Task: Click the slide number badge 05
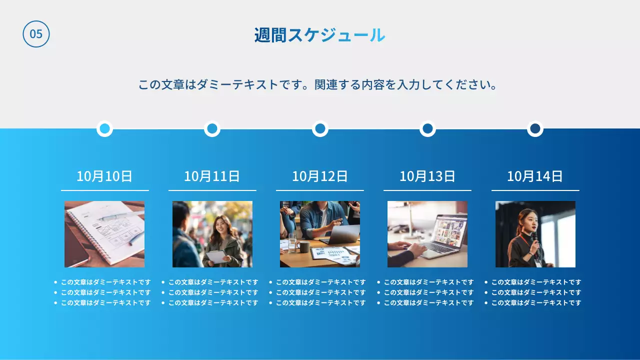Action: pos(36,34)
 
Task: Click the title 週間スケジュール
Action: pos(319,35)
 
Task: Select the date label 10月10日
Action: pos(104,176)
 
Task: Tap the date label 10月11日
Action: pos(212,176)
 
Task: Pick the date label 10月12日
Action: pos(319,176)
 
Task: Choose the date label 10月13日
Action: pos(427,176)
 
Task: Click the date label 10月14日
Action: pos(535,176)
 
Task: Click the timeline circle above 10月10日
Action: pos(104,128)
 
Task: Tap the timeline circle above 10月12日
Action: pos(320,128)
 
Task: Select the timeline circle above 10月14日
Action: pos(535,128)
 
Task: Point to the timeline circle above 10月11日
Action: pos(212,128)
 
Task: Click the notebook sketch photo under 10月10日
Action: pos(104,234)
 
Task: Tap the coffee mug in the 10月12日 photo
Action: pos(303,246)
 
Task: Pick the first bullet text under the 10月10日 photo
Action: pos(105,282)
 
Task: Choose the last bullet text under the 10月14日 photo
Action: pos(536,302)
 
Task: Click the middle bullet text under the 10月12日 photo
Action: pos(320,292)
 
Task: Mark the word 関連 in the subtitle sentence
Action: pos(326,84)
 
